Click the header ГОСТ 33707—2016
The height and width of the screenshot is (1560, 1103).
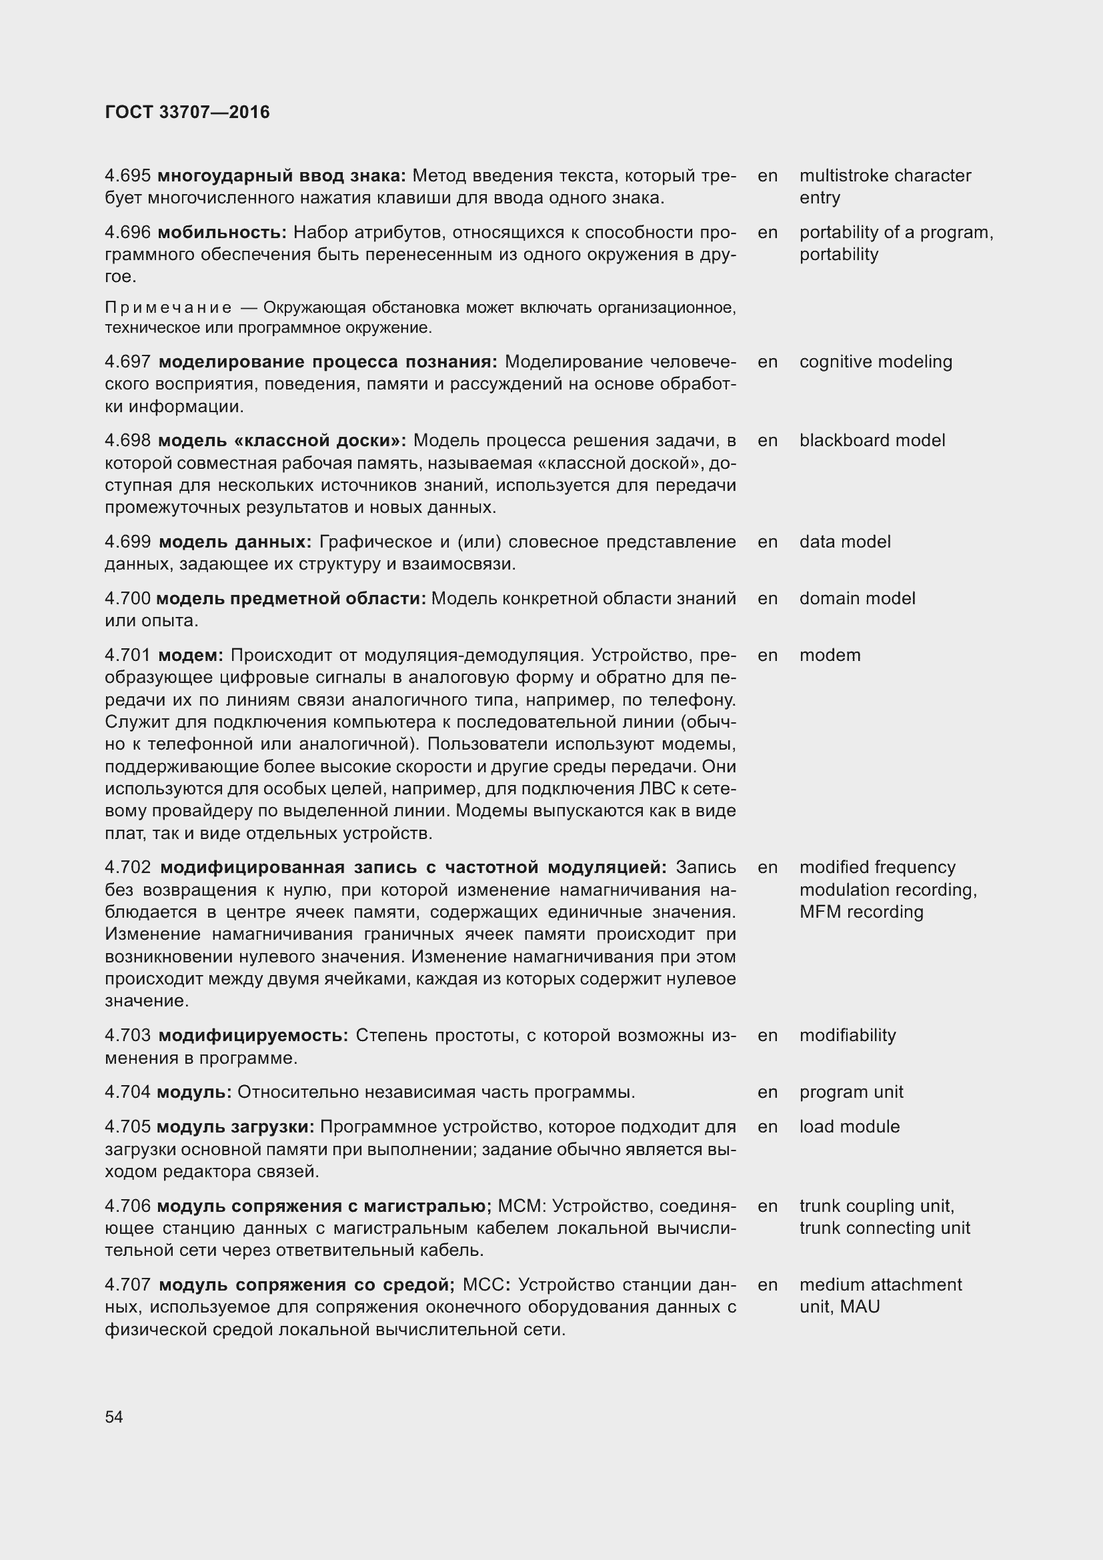pyautogui.click(x=187, y=112)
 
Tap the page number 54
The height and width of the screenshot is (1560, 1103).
pyautogui.click(x=114, y=1417)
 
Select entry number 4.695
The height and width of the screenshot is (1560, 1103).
pyautogui.click(x=127, y=176)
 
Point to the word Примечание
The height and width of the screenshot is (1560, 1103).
pyautogui.click(x=168, y=307)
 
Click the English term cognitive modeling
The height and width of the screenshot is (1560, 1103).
pyautogui.click(x=876, y=361)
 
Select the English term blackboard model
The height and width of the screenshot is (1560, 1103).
pyautogui.click(x=872, y=440)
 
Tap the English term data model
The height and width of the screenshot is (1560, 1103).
pyautogui.click(x=844, y=542)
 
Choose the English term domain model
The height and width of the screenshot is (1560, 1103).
pyautogui.click(x=857, y=598)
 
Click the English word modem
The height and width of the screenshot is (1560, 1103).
pyautogui.click(x=830, y=655)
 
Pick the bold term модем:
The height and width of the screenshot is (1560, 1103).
pyautogui.click(x=190, y=656)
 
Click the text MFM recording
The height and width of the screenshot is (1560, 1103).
pyautogui.click(x=861, y=912)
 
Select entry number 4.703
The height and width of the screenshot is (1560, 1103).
pyautogui.click(x=127, y=1036)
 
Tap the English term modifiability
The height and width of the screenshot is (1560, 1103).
pyautogui.click(x=847, y=1036)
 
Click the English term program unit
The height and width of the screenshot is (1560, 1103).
pyautogui.click(x=851, y=1092)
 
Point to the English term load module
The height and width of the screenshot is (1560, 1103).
pyautogui.click(x=849, y=1126)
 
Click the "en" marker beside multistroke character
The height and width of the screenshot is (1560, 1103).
pyautogui.click(x=768, y=176)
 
